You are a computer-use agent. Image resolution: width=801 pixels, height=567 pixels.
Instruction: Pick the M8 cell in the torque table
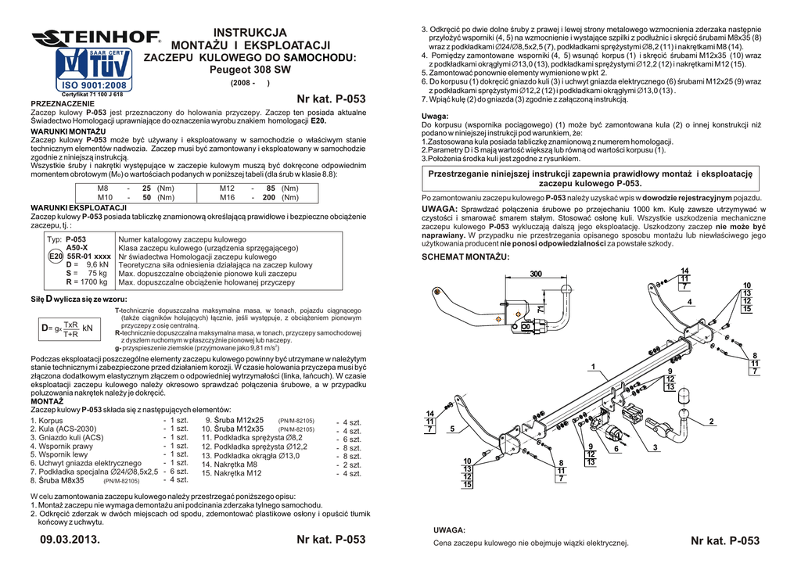[102, 188]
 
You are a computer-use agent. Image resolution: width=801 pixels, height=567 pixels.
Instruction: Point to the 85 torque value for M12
[271, 188]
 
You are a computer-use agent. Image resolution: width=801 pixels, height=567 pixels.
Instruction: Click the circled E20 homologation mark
[56, 256]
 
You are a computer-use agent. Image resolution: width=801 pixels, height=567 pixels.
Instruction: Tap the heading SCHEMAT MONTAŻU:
[460, 257]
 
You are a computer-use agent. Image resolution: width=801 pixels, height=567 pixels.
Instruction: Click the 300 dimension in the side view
[535, 274]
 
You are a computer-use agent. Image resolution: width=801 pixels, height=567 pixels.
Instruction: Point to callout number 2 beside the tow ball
[712, 422]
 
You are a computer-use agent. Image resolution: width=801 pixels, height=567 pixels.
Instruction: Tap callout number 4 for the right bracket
[689, 301]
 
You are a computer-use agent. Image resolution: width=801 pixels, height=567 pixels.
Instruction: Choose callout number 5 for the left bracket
[452, 429]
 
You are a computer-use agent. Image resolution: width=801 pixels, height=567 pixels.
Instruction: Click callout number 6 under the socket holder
[616, 449]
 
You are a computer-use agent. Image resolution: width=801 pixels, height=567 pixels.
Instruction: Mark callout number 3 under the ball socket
[653, 447]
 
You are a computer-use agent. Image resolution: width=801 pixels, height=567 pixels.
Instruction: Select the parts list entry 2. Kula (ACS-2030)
[63, 429]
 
